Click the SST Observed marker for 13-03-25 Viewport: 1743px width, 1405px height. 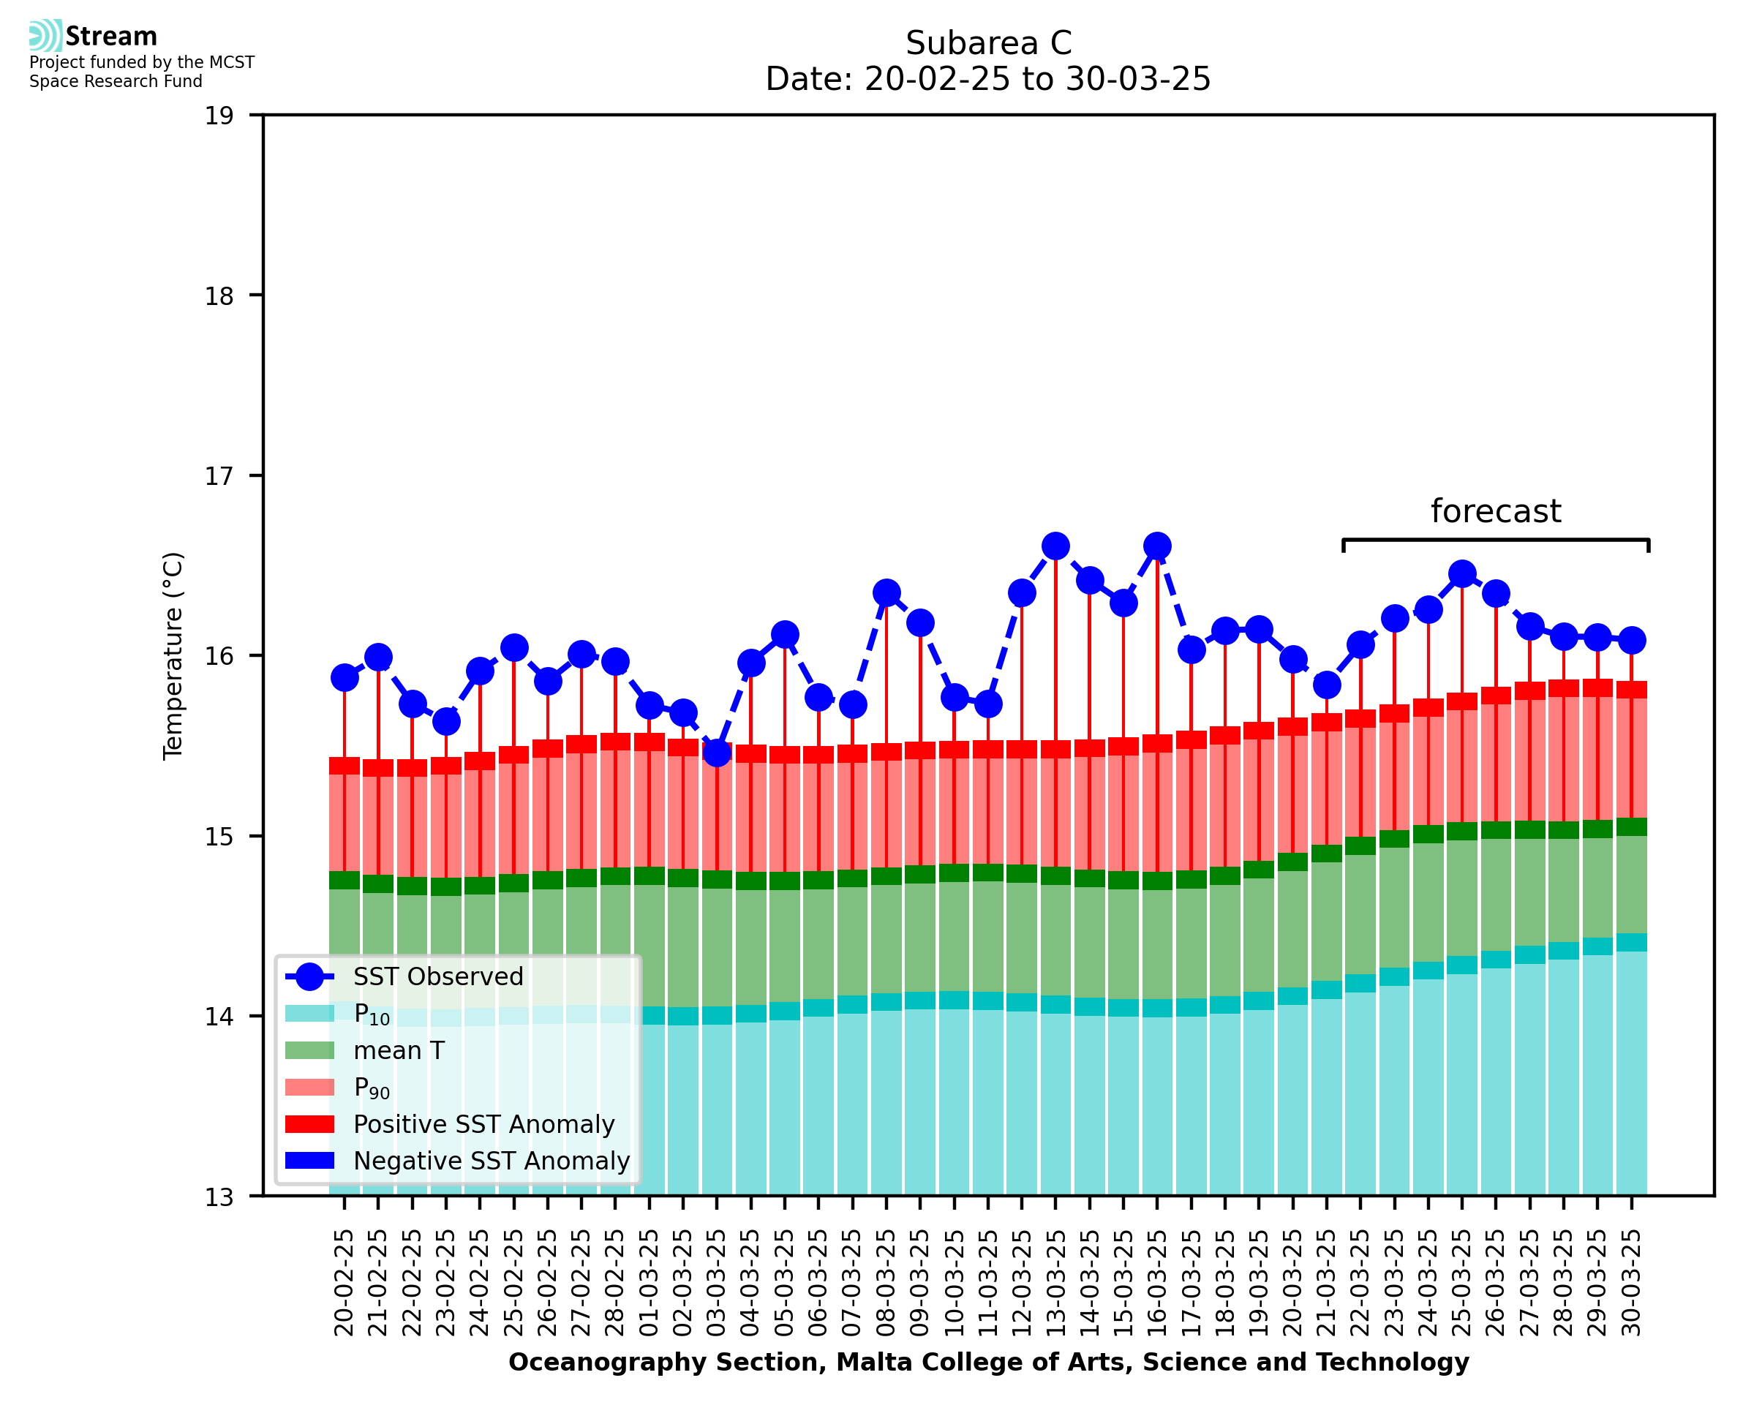1055,546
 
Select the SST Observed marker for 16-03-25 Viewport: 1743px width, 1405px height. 1157,546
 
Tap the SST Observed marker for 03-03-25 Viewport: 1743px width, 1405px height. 717,753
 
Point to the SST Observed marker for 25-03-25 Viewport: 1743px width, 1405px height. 1461,574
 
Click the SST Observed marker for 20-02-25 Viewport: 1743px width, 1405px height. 345,677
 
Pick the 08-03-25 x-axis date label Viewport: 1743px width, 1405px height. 887,1283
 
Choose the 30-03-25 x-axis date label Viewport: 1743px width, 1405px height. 1631,1283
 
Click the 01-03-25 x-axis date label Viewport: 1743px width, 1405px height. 649,1283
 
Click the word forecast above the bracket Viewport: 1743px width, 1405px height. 1495,511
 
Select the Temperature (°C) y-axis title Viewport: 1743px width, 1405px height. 173,655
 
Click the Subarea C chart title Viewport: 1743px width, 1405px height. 988,43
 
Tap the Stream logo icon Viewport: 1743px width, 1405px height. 45,36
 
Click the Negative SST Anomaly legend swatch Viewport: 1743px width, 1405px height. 309,1161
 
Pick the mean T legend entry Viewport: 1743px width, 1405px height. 399,1050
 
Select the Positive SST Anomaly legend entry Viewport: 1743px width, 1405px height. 484,1124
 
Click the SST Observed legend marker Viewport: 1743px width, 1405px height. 309,977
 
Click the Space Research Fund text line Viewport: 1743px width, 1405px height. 116,81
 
